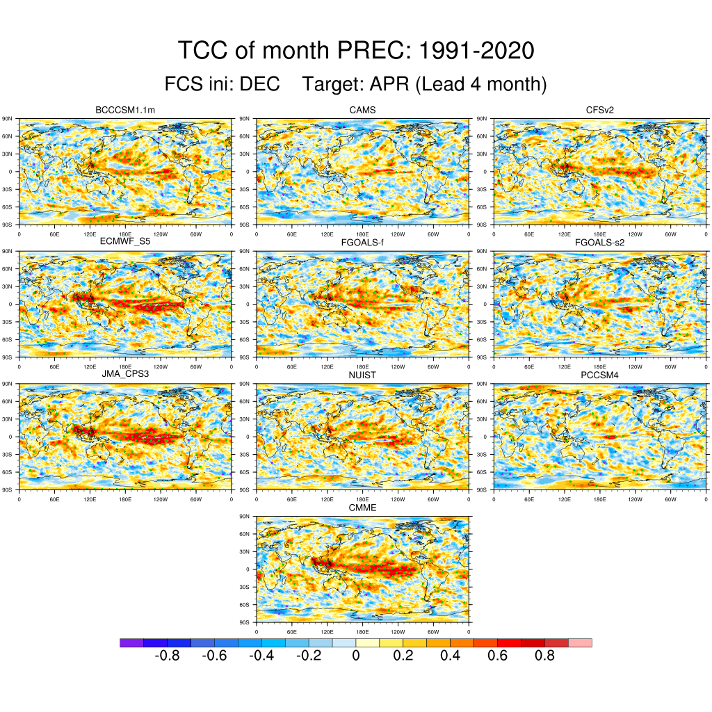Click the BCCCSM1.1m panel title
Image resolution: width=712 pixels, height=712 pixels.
[x=124, y=110]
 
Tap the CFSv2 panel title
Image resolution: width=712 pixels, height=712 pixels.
[x=600, y=110]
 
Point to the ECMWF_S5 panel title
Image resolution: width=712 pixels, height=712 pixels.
[x=124, y=242]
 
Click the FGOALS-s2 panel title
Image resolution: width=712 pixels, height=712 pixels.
[x=600, y=242]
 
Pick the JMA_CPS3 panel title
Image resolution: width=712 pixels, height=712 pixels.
[x=124, y=375]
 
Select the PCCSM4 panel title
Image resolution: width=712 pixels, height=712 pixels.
[x=600, y=375]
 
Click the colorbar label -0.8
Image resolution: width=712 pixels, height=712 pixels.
[x=166, y=656]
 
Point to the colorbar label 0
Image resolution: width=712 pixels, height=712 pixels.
[x=355, y=656]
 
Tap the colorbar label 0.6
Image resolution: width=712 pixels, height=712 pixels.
[x=497, y=656]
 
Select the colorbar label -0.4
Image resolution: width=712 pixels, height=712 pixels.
[x=261, y=656]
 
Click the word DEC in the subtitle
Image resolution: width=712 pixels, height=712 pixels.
[x=259, y=84]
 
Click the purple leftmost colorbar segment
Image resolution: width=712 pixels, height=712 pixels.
[x=131, y=642]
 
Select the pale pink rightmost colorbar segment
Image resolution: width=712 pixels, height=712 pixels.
[x=580, y=642]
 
